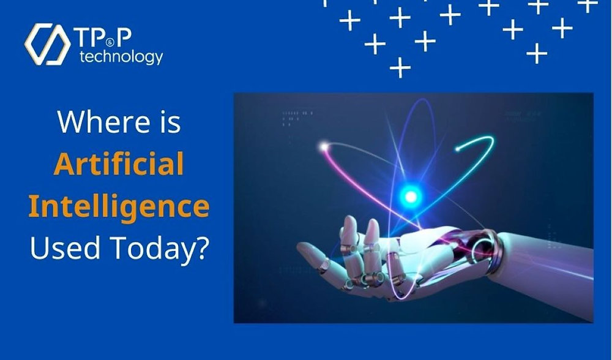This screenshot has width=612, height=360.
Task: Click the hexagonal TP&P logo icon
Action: [x=48, y=44]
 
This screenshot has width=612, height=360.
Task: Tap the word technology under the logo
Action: [x=122, y=58]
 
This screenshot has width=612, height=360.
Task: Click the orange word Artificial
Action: [x=119, y=164]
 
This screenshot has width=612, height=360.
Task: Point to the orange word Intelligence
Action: [x=119, y=207]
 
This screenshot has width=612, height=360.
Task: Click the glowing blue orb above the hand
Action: [x=411, y=196]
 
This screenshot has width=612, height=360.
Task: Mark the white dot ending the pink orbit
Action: [x=323, y=146]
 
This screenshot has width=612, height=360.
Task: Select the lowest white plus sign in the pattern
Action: [x=400, y=67]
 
